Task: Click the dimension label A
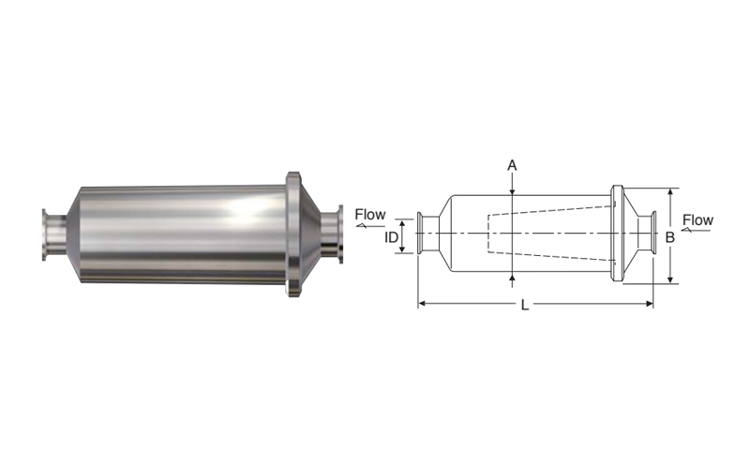[x=512, y=166]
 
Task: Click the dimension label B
[x=670, y=237]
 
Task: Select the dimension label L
[x=525, y=305]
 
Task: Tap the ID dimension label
[x=391, y=237]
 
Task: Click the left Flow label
[x=370, y=215]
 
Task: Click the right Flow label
[x=697, y=220]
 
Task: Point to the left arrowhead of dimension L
[x=422, y=303]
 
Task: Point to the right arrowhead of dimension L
[x=650, y=303]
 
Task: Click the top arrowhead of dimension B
[x=670, y=192]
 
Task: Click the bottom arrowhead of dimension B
[x=670, y=279]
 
